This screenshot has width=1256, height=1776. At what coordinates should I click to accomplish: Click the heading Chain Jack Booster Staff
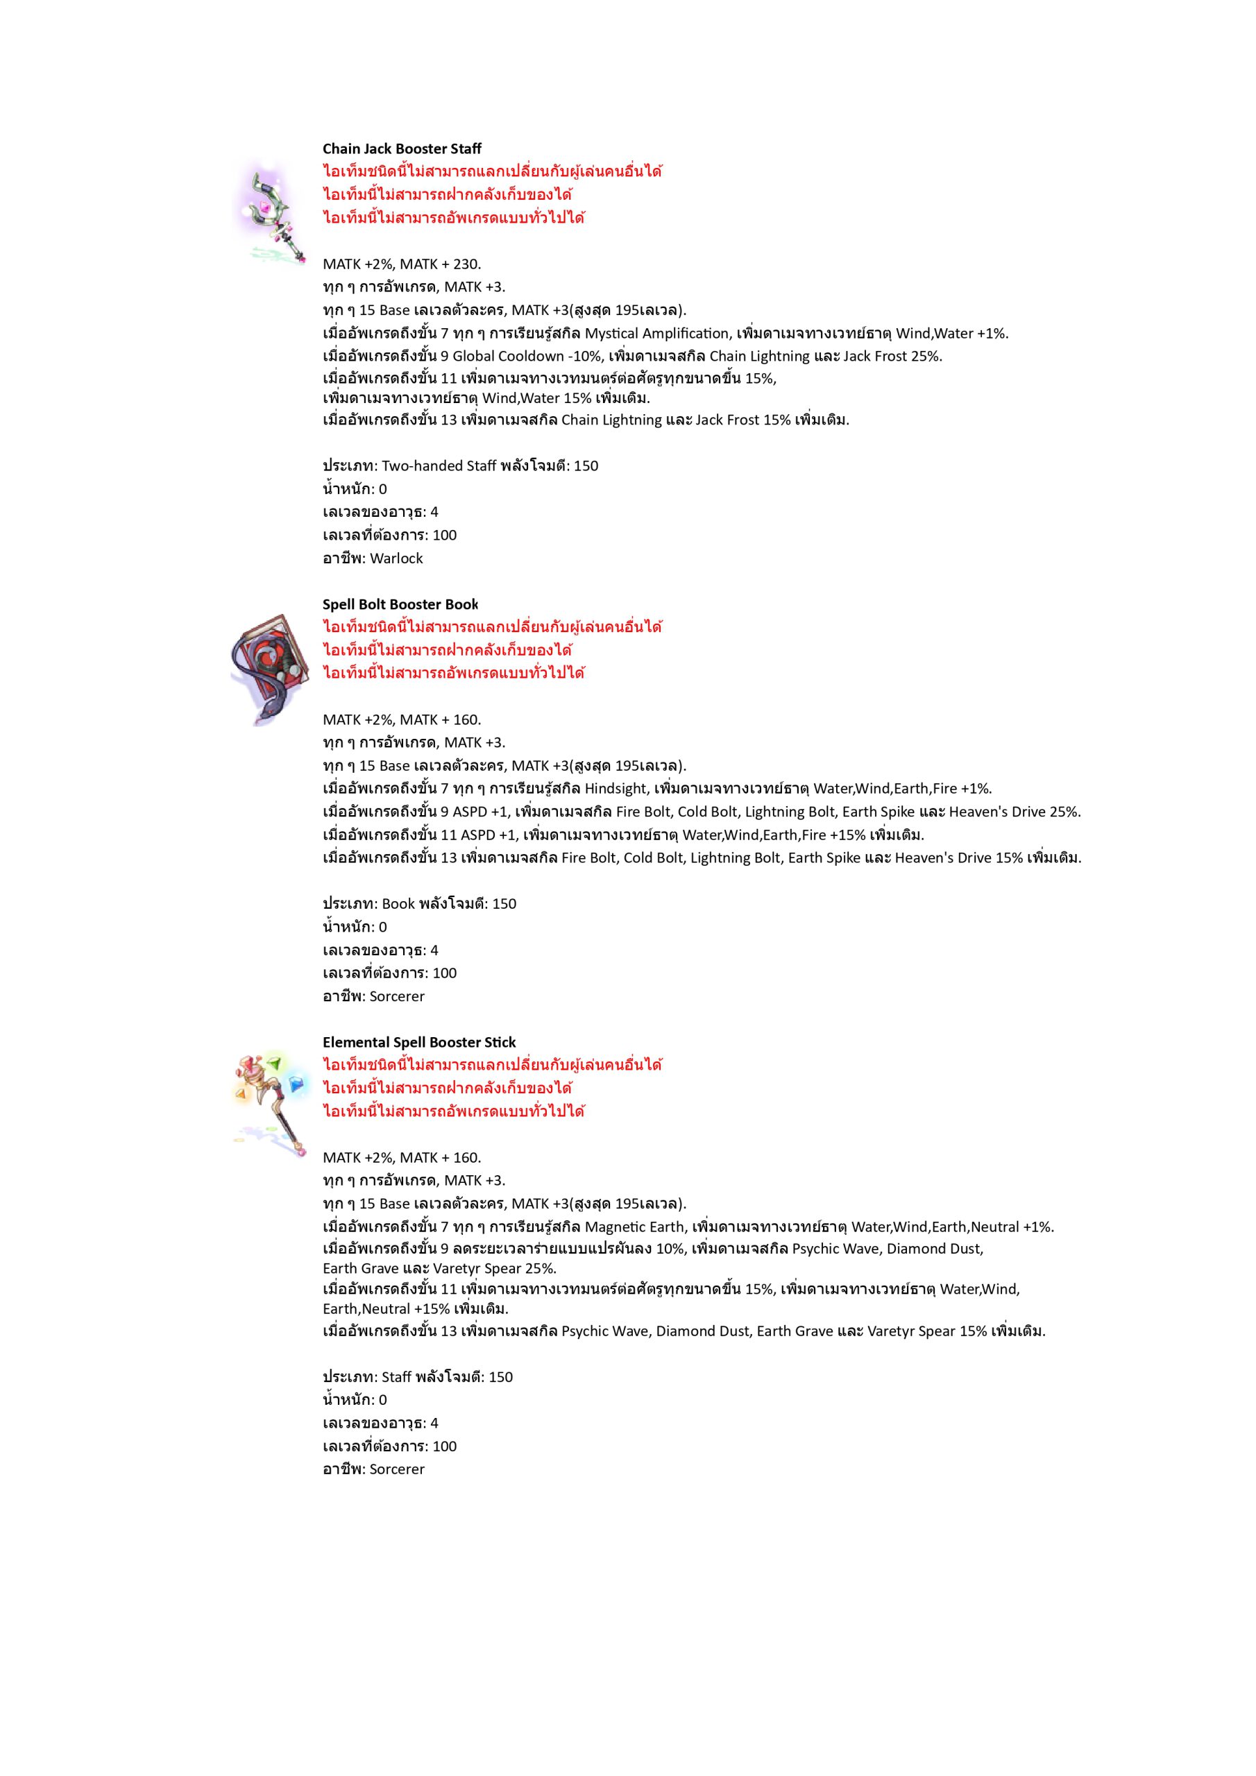tap(402, 148)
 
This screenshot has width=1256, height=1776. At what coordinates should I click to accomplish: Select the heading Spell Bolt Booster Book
tap(400, 604)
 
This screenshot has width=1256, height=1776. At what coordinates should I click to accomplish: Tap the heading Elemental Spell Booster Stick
tap(418, 1042)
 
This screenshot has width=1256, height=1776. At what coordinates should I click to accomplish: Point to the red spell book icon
tap(269, 669)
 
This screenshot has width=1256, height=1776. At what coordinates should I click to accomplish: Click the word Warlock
tap(396, 558)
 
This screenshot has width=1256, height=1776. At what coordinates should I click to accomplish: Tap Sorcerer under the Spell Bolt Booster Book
tap(397, 996)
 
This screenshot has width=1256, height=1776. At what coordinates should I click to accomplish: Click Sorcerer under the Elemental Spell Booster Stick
tap(397, 1469)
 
